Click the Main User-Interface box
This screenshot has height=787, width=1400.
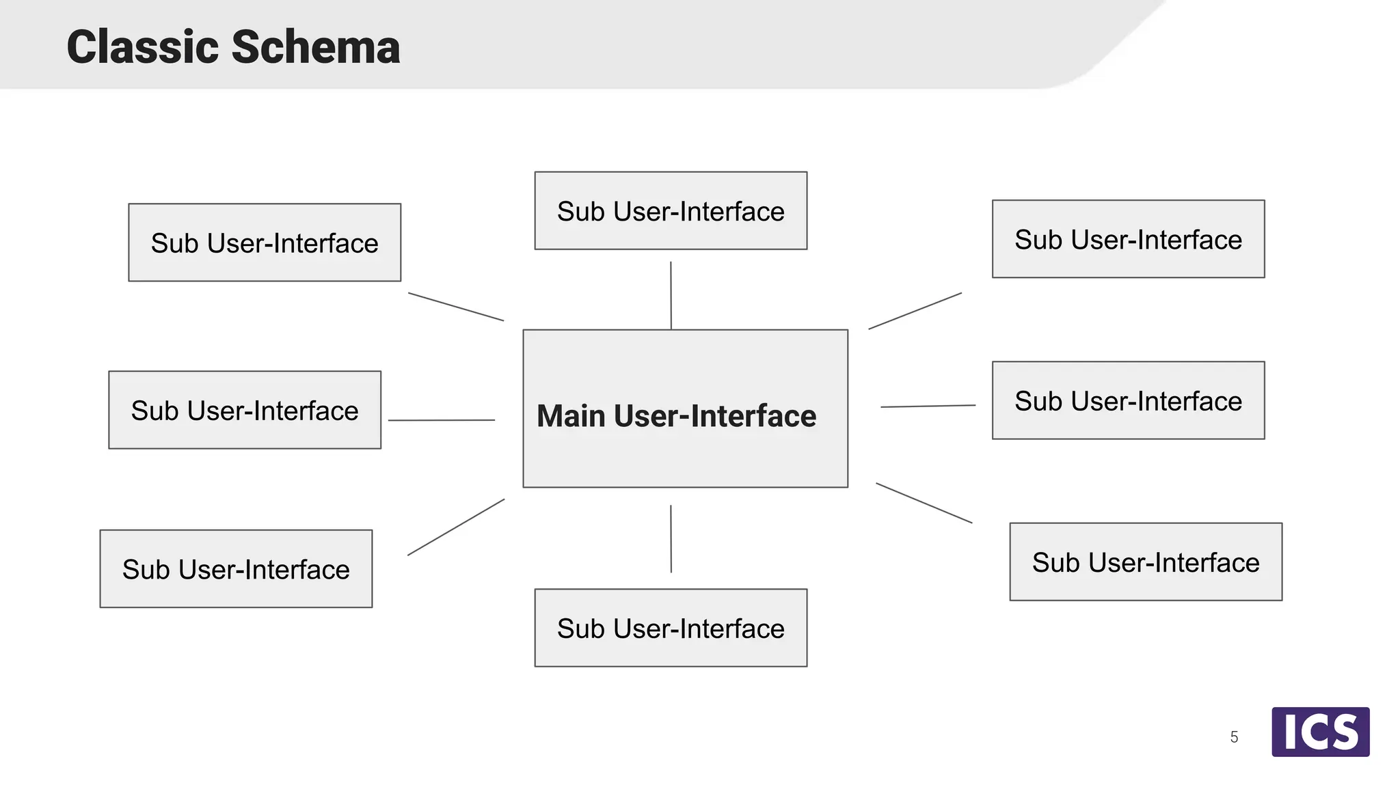tap(685, 409)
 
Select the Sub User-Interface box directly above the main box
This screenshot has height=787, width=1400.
tap(671, 210)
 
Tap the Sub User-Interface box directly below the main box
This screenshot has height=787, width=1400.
tap(671, 628)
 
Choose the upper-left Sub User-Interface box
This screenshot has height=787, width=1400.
tap(265, 243)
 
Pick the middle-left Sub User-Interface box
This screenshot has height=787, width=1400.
tap(245, 410)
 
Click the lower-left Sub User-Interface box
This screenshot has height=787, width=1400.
tap(236, 568)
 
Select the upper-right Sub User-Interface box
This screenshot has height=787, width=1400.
tap(1128, 239)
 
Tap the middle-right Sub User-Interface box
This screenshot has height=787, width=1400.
tap(1128, 400)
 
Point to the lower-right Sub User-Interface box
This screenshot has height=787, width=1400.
tap(1146, 562)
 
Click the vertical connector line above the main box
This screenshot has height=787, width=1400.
tap(671, 295)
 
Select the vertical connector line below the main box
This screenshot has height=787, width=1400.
tap(671, 538)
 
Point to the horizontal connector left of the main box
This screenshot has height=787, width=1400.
tap(442, 420)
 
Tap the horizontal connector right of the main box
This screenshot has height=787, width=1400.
tap(928, 406)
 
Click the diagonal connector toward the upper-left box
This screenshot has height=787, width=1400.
tap(456, 307)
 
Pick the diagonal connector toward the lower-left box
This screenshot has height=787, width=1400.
tap(456, 527)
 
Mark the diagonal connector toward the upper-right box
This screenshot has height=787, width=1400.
tap(915, 312)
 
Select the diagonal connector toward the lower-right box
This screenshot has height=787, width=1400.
tap(924, 503)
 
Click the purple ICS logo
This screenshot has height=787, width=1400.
tap(1320, 732)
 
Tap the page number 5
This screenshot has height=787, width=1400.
tap(1234, 737)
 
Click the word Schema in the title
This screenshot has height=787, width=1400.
tap(315, 47)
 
